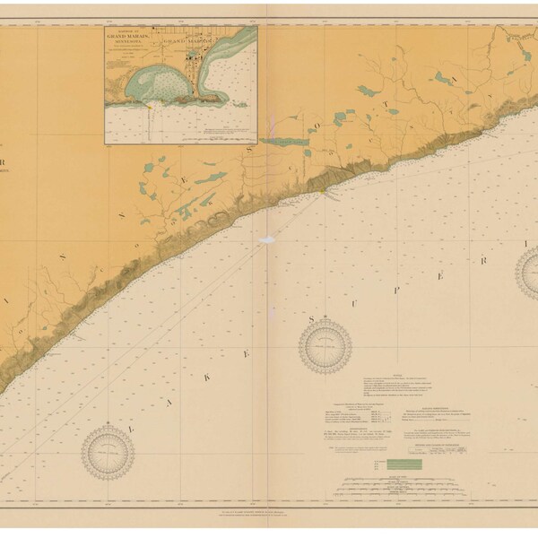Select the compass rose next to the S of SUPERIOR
325,346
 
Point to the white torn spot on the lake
267,240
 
